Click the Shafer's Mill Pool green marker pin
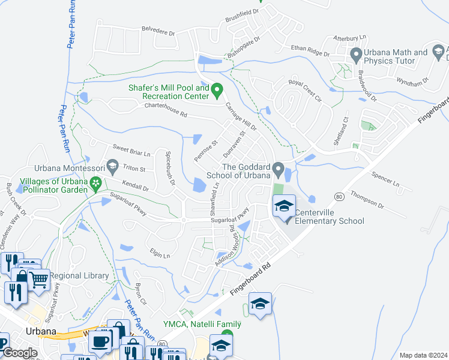pyautogui.click(x=218, y=91)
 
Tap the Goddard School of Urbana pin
pyautogui.click(x=277, y=170)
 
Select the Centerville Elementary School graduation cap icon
pyautogui.click(x=283, y=207)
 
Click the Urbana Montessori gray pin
pyautogui.click(x=112, y=164)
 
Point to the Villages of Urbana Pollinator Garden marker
pyautogui.click(x=95, y=184)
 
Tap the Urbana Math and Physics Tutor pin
pyautogui.click(x=355, y=55)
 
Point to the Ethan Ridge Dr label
pyautogui.click(x=310, y=50)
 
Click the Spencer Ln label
pyautogui.click(x=386, y=180)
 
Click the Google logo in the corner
pyautogui.click(x=20, y=353)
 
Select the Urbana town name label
pyautogui.click(x=41, y=331)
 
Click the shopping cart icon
pyautogui.click(x=38, y=278)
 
